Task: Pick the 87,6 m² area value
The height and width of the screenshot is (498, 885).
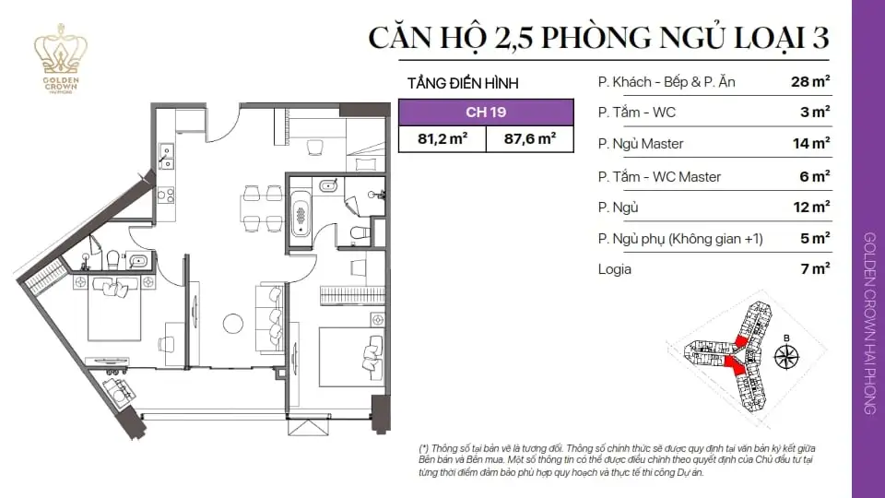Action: (x=530, y=139)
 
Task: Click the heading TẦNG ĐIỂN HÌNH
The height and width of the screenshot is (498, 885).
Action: (x=462, y=83)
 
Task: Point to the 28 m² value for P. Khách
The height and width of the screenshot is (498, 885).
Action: (x=810, y=81)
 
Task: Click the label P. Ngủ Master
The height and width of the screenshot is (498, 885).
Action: (x=641, y=144)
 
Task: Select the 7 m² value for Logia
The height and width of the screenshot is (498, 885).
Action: (x=816, y=269)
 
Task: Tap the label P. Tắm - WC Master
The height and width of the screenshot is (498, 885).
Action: (x=659, y=175)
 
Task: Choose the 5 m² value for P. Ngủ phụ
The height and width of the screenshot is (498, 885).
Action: (x=816, y=238)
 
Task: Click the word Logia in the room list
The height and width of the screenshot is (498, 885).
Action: (x=615, y=269)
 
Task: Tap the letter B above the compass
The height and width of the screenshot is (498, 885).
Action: (x=786, y=338)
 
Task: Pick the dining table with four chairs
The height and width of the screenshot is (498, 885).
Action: (x=259, y=207)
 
